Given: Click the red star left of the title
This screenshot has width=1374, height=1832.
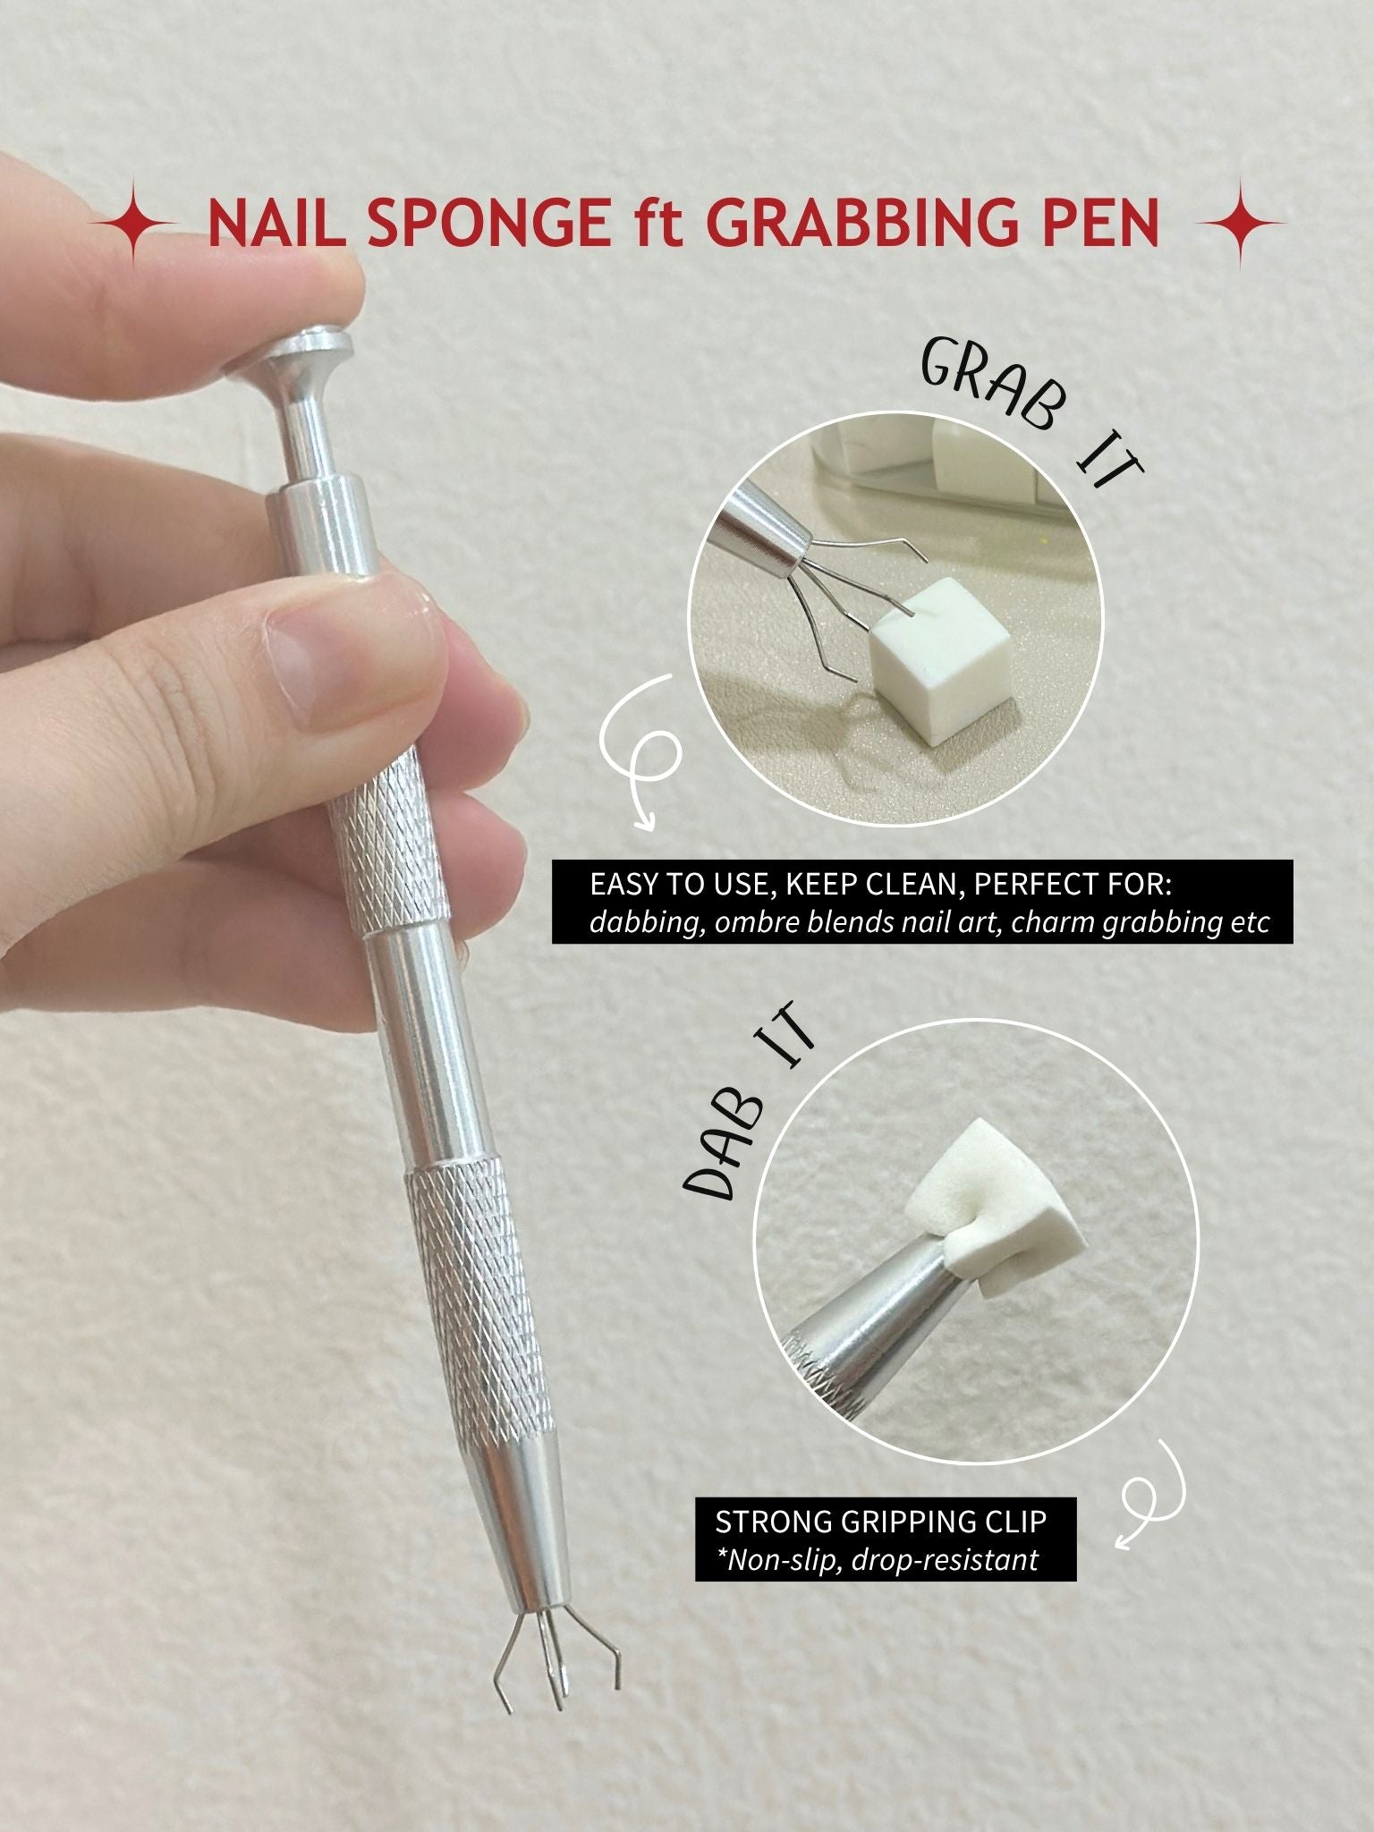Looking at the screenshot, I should point(132,223).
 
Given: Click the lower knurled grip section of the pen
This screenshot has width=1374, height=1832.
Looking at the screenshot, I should point(479,1297).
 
